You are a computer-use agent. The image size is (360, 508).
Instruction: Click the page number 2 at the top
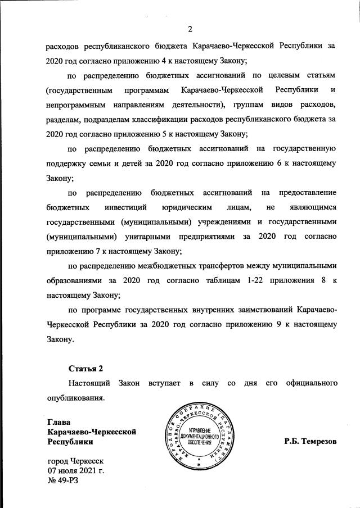(x=189, y=29)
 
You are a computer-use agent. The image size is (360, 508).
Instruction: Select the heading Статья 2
(x=86, y=369)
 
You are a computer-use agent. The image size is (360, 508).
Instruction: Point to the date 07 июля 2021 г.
(x=76, y=470)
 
